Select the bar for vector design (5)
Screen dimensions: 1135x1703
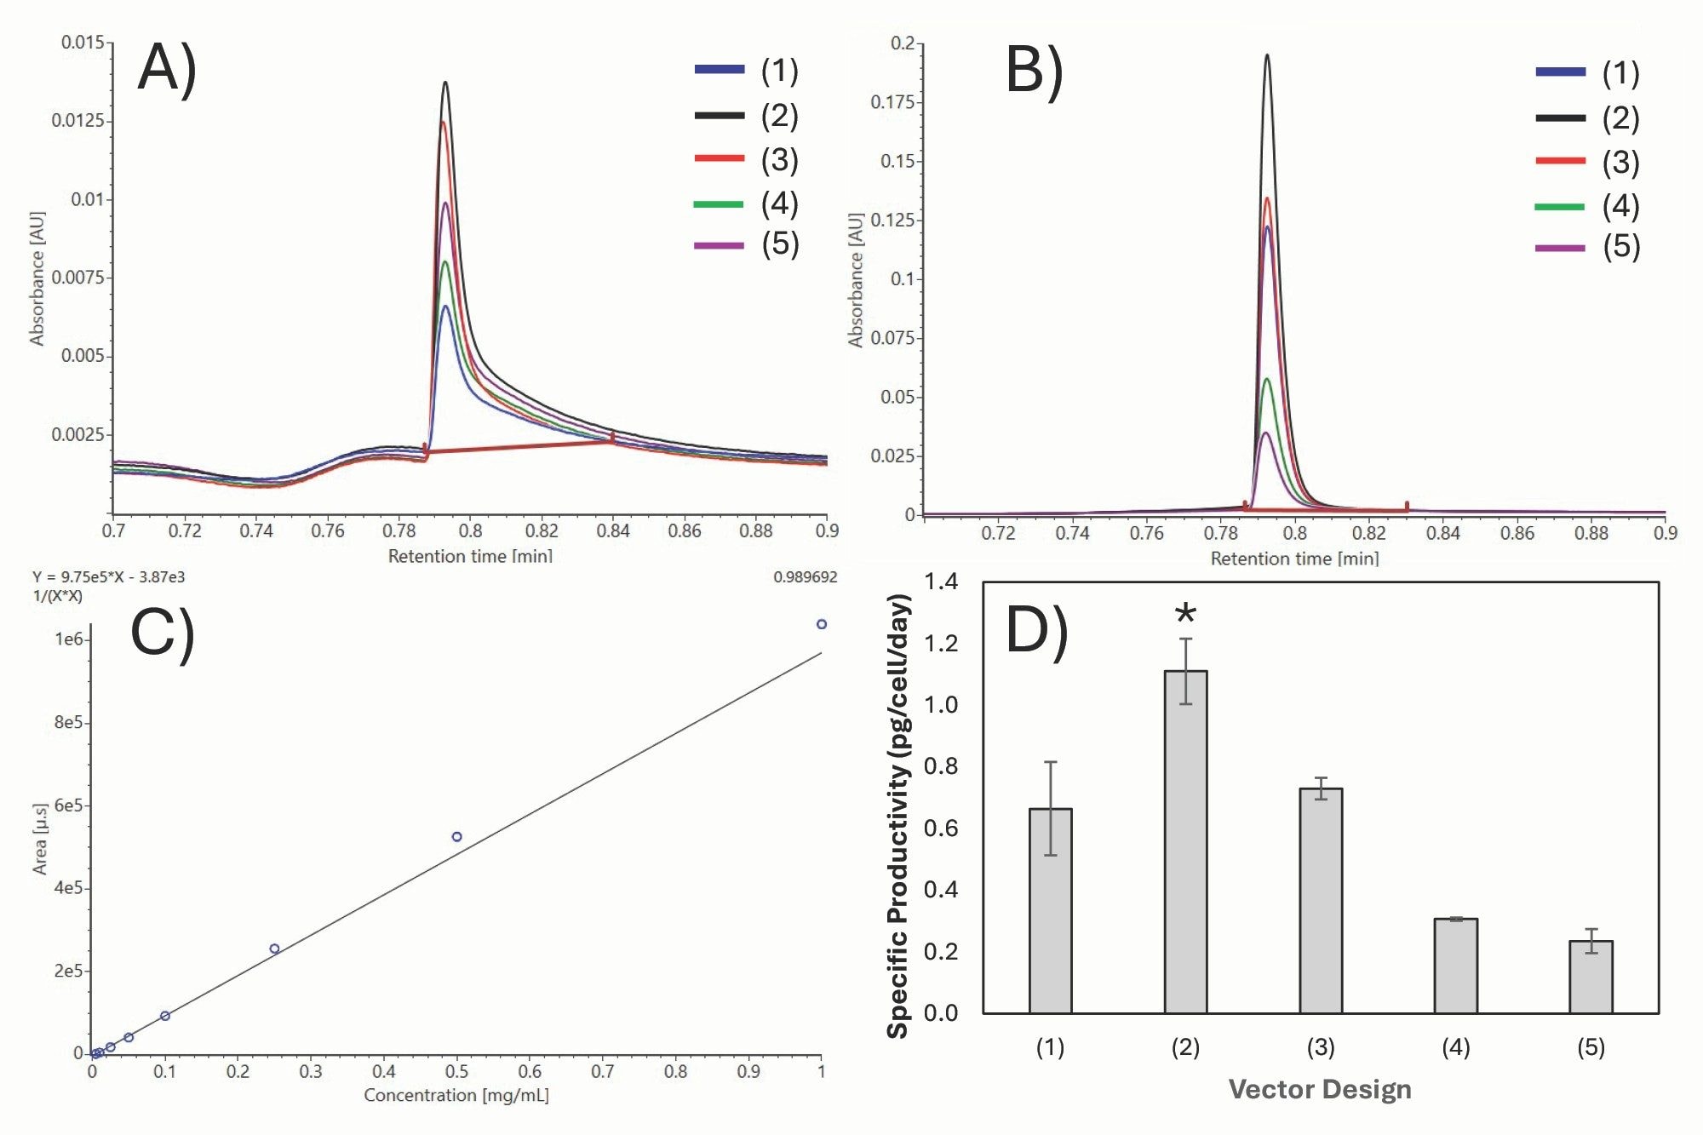click(x=1591, y=977)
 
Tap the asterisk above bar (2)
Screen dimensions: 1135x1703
click(x=1185, y=613)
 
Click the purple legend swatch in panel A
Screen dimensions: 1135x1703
click(x=720, y=245)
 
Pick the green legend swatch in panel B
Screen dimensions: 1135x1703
click(x=1560, y=207)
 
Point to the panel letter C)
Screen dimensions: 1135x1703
click(x=163, y=633)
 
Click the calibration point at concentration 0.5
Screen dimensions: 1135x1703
click(x=456, y=837)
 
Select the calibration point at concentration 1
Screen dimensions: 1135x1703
click(x=822, y=624)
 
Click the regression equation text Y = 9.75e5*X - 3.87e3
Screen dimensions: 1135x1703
click(x=108, y=576)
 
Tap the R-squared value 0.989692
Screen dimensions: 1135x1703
click(x=805, y=576)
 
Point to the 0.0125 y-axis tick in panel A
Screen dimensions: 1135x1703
click(x=77, y=120)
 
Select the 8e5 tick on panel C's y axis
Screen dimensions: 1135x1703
click(x=68, y=722)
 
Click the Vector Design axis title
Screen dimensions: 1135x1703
click(x=1320, y=1089)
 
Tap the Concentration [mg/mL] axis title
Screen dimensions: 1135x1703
click(x=456, y=1095)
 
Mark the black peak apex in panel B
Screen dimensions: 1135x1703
click(x=1267, y=55)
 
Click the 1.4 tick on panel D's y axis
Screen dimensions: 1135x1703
click(x=941, y=582)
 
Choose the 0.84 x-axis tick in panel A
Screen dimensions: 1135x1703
click(x=613, y=531)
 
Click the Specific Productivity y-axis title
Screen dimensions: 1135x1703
click(x=898, y=816)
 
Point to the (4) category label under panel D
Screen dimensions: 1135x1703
click(x=1455, y=1046)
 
